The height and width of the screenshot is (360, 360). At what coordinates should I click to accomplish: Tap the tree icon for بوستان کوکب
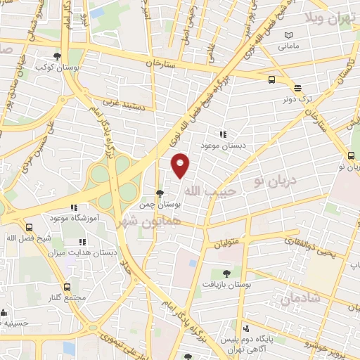57,57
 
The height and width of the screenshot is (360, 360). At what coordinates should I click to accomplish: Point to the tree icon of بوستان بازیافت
226,274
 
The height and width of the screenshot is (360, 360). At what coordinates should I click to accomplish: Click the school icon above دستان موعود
223,134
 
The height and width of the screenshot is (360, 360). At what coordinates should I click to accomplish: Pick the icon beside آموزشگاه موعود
73,207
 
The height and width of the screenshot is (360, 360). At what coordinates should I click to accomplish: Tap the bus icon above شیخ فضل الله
30,227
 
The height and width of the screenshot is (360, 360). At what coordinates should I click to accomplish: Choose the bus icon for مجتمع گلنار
67,287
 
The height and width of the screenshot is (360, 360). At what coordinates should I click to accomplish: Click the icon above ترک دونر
297,89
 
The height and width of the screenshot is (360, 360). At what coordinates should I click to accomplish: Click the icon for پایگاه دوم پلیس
245,329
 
